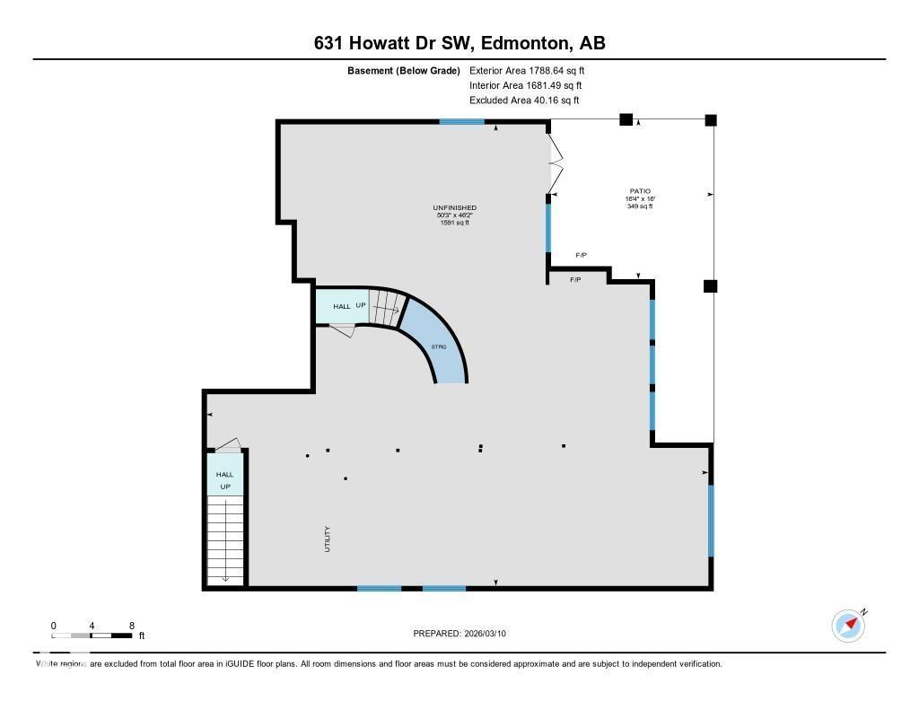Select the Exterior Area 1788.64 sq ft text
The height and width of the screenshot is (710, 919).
point(527,70)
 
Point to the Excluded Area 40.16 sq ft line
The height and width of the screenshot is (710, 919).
point(524,101)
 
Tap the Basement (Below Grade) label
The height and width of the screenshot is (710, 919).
point(404,70)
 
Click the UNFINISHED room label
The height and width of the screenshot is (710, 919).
point(455,208)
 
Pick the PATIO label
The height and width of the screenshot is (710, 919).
point(640,191)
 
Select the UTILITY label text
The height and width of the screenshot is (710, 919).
point(328,539)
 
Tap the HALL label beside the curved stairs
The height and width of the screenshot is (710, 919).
point(342,307)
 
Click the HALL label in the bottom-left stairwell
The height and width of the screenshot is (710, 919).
point(224,475)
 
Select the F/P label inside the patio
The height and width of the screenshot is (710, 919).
point(581,256)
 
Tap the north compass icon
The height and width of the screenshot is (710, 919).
point(848,625)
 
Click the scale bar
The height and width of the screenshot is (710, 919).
point(92,635)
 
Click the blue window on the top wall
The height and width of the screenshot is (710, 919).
point(462,121)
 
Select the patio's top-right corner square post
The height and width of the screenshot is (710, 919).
point(711,119)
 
